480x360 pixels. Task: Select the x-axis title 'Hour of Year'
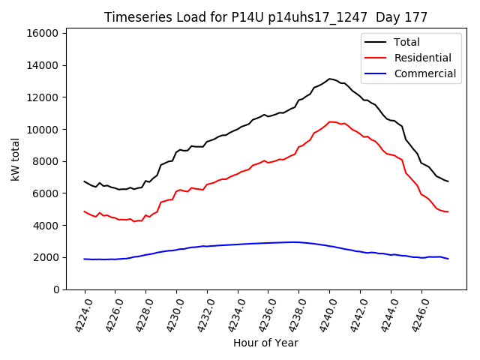tap(265, 343)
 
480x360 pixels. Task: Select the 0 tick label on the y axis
tap(57, 289)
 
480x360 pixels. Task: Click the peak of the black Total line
tap(329, 79)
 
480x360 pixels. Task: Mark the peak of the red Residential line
tap(330, 121)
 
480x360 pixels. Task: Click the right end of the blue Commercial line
tap(448, 259)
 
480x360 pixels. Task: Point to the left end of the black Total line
tap(85, 181)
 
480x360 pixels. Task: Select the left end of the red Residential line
tap(85, 211)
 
